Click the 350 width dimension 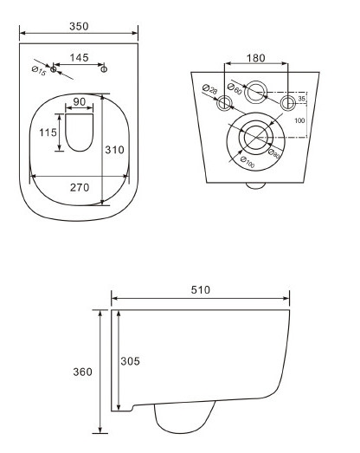(79, 26)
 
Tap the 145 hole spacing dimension (79, 58)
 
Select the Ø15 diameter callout (39, 71)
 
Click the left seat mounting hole (54, 69)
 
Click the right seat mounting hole (104, 69)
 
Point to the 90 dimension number (80, 101)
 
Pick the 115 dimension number (48, 133)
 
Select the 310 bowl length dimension (114, 150)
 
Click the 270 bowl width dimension (80, 187)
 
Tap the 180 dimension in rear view (256, 58)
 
